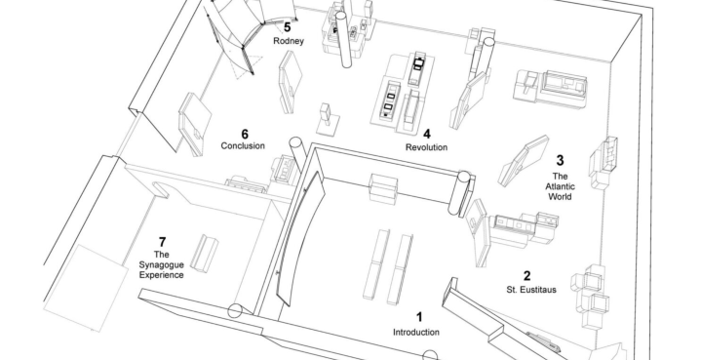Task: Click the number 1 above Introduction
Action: coord(419,317)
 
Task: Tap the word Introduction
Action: coord(415,333)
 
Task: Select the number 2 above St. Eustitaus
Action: coord(527,276)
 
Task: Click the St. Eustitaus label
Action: coord(531,290)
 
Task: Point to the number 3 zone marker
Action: coord(560,160)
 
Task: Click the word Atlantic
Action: coord(560,186)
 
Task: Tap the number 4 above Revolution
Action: coord(427,134)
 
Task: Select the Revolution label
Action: coord(426,147)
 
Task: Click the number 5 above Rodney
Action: coord(287,27)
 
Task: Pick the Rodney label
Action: coord(289,41)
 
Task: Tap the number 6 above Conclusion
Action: coord(245,134)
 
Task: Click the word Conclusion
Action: coord(243,145)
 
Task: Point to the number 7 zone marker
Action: coord(162,242)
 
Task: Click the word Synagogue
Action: coord(162,265)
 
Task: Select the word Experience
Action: coord(162,275)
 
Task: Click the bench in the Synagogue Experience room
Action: coord(205,253)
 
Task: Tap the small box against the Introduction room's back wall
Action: coord(383,188)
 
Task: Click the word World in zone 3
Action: coord(560,197)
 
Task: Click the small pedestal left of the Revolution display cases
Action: coord(327,119)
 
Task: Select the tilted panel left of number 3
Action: coord(523,161)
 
